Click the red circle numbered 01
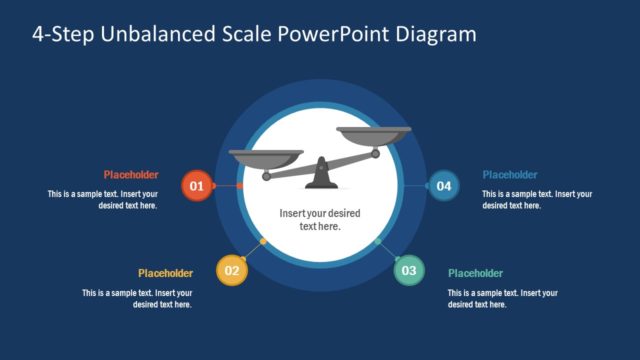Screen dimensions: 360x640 [x=196, y=186]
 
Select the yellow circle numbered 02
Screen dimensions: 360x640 [x=231, y=270]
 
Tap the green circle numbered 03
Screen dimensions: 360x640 [x=408, y=270]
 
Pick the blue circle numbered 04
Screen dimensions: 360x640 [x=443, y=186]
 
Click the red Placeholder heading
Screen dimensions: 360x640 [x=131, y=174]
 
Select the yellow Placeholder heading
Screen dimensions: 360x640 [x=165, y=273]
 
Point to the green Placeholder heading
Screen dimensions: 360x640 [x=475, y=273]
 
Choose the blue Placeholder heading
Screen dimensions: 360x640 [x=510, y=174]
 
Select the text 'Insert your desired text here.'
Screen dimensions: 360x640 [x=320, y=220]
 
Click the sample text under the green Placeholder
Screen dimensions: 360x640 [x=502, y=298]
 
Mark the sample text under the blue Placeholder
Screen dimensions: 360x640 [x=537, y=199]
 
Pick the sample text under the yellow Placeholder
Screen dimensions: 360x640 [x=137, y=298]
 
